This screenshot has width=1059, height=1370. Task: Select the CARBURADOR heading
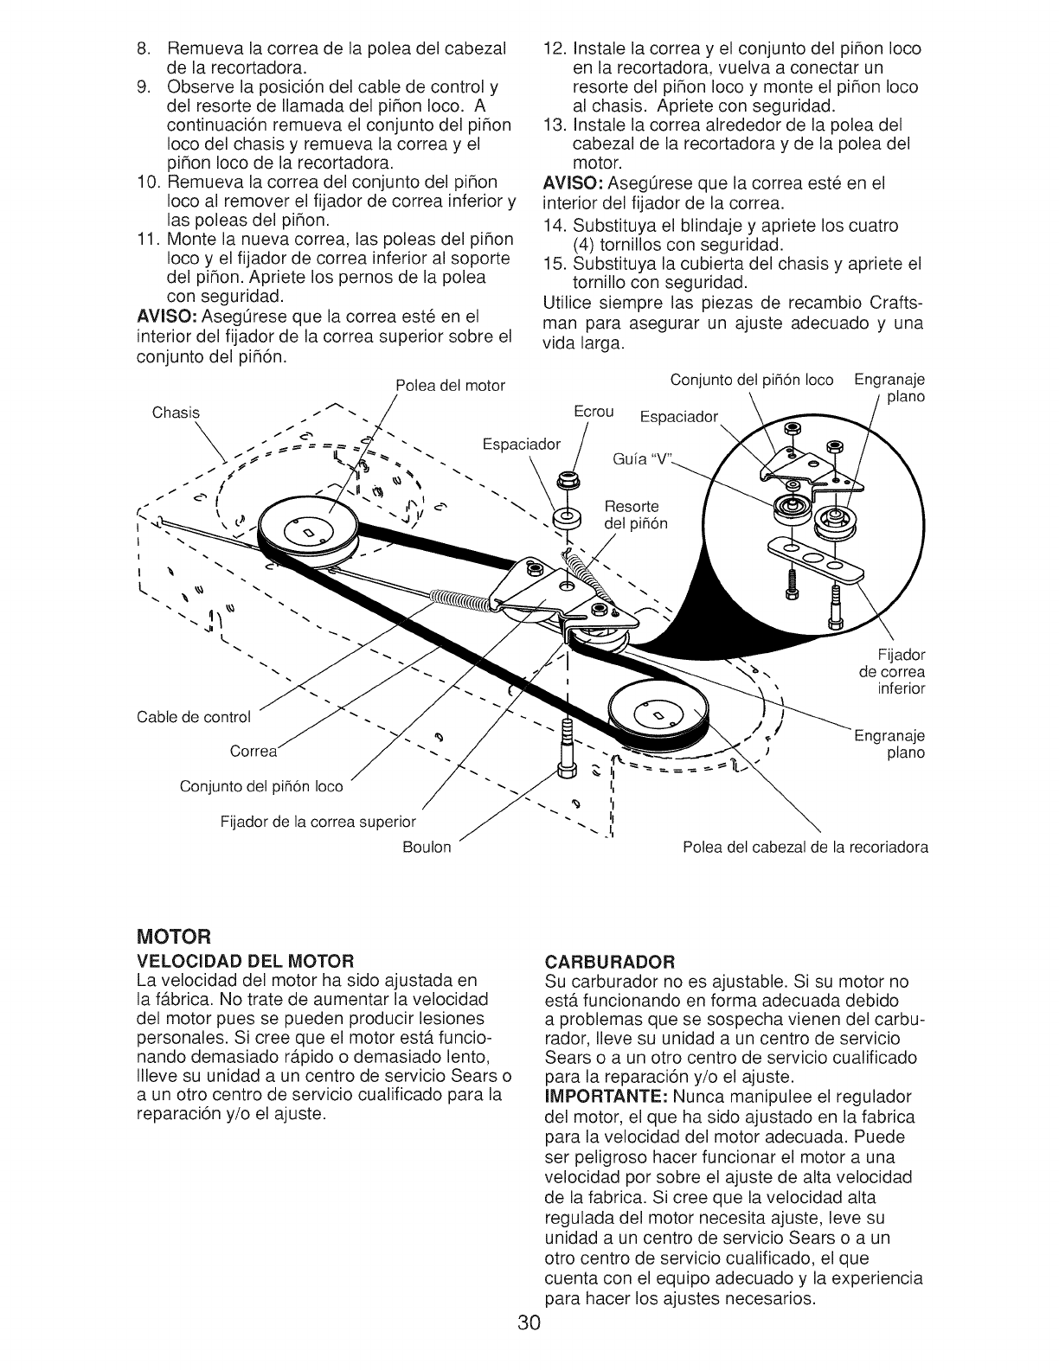[x=609, y=961]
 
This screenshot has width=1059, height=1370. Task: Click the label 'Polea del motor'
[x=450, y=385]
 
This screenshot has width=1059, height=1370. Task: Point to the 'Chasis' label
[x=176, y=412]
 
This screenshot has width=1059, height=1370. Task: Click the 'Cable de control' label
[x=193, y=717]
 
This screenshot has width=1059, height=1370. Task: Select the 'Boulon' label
[x=427, y=847]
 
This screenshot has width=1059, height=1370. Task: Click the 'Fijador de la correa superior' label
[x=318, y=821]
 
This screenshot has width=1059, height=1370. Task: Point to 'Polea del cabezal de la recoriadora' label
[x=805, y=847]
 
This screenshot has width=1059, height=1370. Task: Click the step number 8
[x=144, y=48]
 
